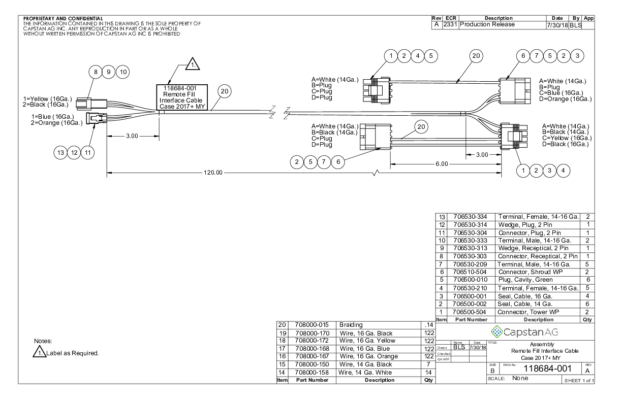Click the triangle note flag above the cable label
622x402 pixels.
tap(193, 64)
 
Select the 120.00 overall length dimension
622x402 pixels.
tap(213, 173)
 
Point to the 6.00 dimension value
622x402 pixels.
tap(442, 164)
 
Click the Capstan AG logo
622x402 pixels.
tap(524, 332)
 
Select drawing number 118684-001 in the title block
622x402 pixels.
tap(547, 368)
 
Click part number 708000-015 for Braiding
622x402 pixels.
tap(312, 325)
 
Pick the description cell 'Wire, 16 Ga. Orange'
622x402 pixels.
tap(369, 356)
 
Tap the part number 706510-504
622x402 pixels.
tap(470, 272)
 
